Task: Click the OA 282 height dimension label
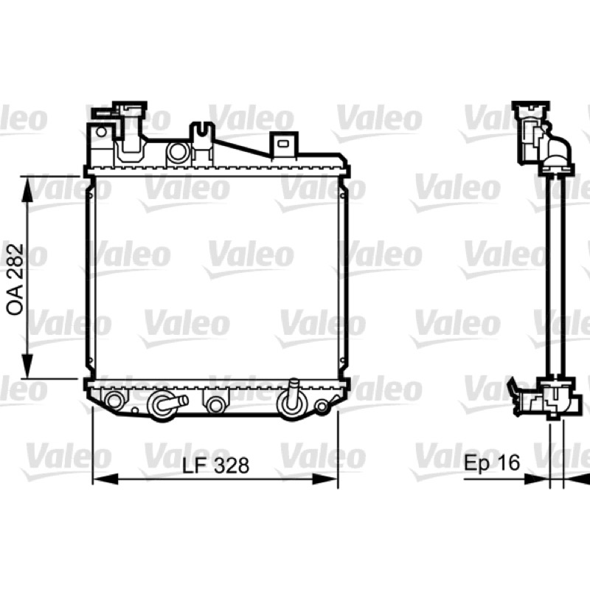[15, 280]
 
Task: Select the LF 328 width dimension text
[215, 465]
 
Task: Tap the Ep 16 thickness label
[492, 462]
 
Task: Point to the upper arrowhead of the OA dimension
[27, 190]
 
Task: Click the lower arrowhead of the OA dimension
[27, 365]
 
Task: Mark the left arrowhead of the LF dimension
[105, 479]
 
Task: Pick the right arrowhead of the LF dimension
[325, 479]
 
